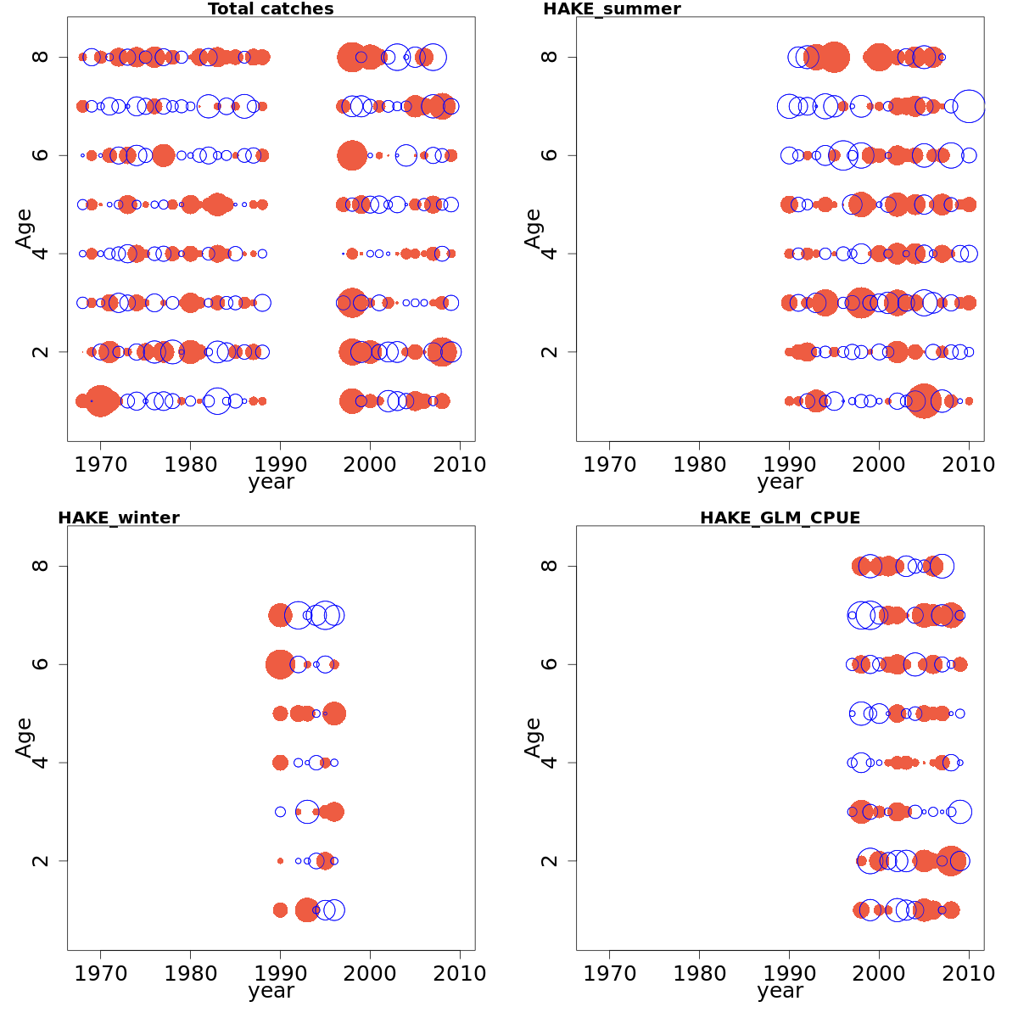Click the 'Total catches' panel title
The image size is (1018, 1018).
(x=271, y=9)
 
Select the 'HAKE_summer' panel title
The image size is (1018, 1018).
(x=612, y=9)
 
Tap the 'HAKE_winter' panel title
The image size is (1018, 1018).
(x=119, y=518)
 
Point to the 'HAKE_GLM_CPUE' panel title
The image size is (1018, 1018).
(x=780, y=518)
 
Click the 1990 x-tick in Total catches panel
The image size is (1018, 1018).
(x=281, y=464)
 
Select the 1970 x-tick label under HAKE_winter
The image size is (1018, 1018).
(x=101, y=973)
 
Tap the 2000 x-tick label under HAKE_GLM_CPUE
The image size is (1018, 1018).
(x=880, y=973)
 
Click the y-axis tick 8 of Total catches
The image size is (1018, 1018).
(x=40, y=57)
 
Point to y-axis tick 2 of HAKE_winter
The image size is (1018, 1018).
(x=40, y=861)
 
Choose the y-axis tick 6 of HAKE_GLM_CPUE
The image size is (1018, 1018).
(x=549, y=664)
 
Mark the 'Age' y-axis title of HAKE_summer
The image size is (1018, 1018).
(x=533, y=228)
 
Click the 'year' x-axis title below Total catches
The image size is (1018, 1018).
(x=271, y=483)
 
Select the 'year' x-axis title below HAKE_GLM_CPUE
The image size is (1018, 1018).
(x=780, y=992)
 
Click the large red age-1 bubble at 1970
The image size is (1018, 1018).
(x=101, y=401)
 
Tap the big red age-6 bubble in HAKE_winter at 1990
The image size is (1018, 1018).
(x=280, y=664)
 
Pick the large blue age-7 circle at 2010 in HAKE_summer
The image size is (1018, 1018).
(x=970, y=106)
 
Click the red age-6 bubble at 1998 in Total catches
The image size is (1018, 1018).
(x=352, y=155)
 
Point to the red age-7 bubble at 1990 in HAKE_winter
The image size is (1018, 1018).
(x=280, y=615)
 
